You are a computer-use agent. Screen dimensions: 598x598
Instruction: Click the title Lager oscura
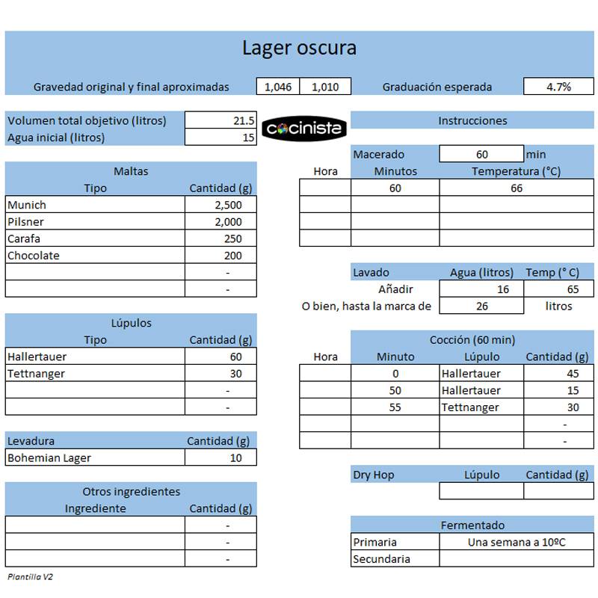tap(299, 49)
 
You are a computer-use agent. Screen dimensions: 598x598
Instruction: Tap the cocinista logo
tap(303, 129)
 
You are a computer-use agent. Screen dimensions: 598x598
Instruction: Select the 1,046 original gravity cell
tap(278, 87)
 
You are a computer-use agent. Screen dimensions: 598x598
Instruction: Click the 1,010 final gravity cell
tap(325, 87)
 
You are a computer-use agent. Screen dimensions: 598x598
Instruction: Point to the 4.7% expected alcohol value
tap(558, 87)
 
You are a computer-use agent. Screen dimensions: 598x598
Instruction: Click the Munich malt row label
tap(27, 205)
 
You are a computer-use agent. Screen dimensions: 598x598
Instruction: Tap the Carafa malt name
tap(24, 238)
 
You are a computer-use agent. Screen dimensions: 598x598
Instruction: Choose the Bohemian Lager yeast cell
tap(49, 457)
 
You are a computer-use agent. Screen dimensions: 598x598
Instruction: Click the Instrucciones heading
tap(472, 120)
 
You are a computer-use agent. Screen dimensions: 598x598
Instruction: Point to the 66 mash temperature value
tap(517, 188)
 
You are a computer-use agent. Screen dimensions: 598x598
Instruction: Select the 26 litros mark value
tap(482, 306)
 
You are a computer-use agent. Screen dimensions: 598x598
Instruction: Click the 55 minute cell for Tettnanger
tap(395, 407)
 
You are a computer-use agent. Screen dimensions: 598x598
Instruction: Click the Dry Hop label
tap(373, 475)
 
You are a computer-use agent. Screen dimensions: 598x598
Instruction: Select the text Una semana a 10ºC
tap(517, 542)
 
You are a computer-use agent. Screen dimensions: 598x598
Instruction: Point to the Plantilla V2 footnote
tap(31, 577)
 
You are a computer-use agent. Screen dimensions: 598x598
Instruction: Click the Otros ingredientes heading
tap(132, 492)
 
